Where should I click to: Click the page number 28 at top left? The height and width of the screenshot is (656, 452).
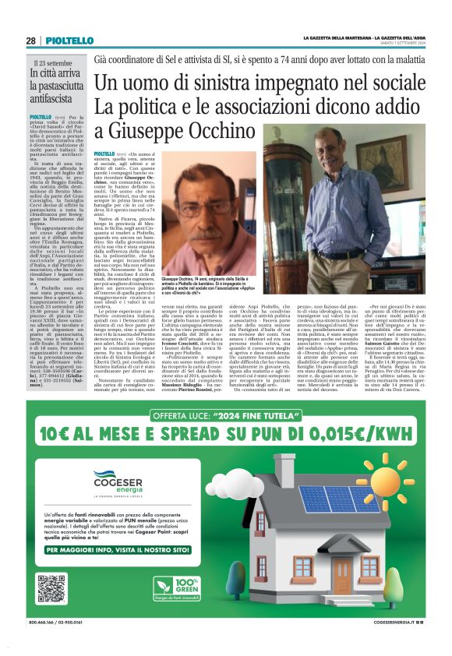coord(30,41)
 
